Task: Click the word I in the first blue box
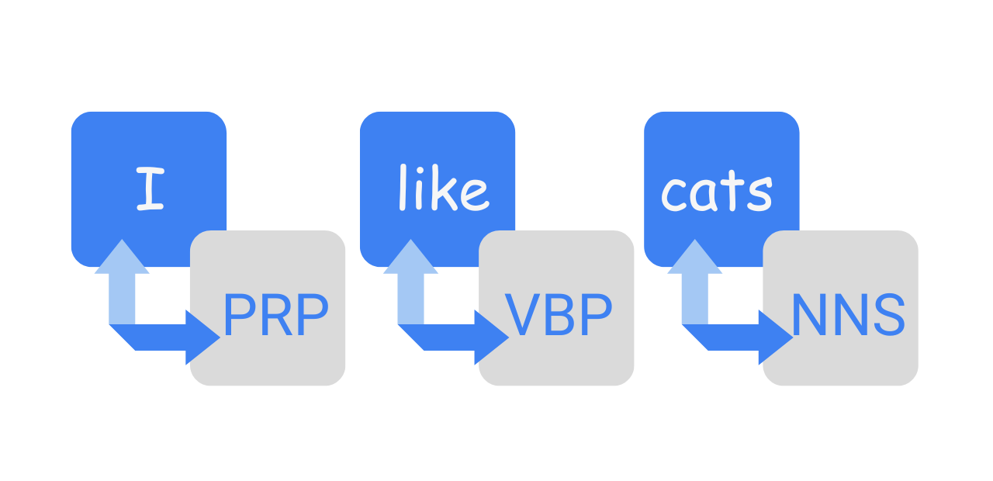150,189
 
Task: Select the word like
443,189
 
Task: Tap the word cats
716,191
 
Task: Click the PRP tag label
275,315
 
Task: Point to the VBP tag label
559,315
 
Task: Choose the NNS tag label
847,315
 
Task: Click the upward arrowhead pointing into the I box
122,258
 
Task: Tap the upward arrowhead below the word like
410,258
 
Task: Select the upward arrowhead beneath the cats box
695,258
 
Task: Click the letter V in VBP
521,315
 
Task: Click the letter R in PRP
275,315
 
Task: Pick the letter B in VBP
559,315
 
